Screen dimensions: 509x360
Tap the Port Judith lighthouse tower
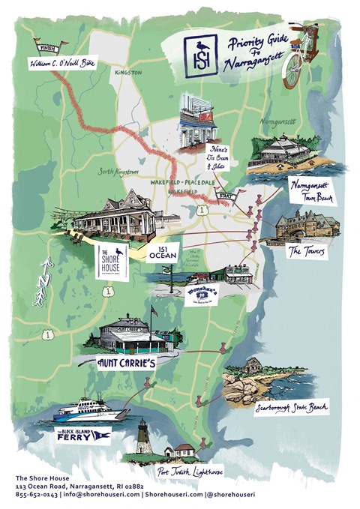[142, 437]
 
